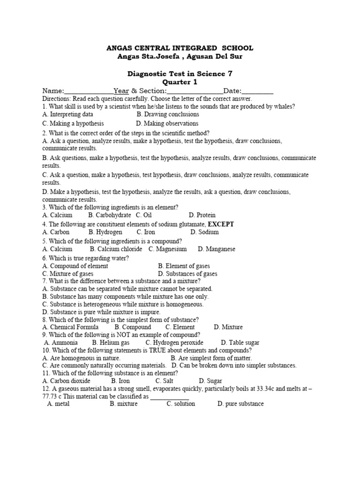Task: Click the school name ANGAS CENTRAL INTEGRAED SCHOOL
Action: pos(180,48)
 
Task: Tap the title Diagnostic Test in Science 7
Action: pos(180,74)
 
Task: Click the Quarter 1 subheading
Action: pos(180,82)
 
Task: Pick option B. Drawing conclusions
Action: pos(168,114)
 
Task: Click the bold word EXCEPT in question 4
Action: pos(221,224)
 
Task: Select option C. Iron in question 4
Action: pos(146,232)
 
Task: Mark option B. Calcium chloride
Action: pos(116,249)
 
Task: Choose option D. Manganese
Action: pos(217,249)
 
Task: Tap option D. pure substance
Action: pos(240,404)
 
